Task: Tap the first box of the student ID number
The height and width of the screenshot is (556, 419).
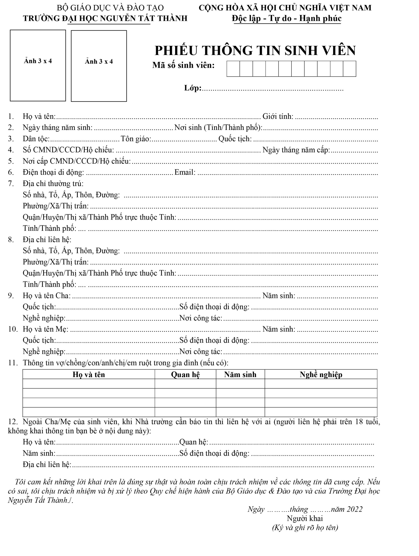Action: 233,69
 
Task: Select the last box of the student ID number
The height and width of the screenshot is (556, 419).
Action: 349,69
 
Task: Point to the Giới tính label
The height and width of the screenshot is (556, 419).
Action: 278,116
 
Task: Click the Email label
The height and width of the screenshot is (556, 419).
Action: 185,172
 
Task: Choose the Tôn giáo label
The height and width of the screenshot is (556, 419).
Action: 136,139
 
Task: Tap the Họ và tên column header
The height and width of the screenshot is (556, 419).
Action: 88,374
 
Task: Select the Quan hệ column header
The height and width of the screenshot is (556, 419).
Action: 185,374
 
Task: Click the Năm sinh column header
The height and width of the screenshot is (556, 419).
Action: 240,374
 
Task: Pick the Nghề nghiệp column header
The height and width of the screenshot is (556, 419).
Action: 321,374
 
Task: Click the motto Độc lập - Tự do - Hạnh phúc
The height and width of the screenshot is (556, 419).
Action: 287,18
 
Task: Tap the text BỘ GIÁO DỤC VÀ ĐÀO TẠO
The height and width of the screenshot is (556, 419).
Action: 110,8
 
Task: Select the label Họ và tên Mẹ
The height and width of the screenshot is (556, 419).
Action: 45,329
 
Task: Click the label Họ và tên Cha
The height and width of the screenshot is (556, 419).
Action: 46,296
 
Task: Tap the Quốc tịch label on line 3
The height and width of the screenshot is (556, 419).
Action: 235,139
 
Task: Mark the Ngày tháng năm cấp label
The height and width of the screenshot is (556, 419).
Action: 296,150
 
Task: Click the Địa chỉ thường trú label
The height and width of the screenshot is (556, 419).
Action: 53,184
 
